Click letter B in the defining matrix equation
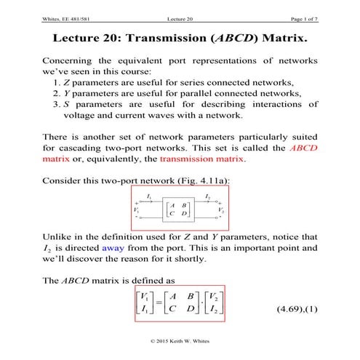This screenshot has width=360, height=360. (193, 297)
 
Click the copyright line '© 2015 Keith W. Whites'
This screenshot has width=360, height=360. (180, 340)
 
